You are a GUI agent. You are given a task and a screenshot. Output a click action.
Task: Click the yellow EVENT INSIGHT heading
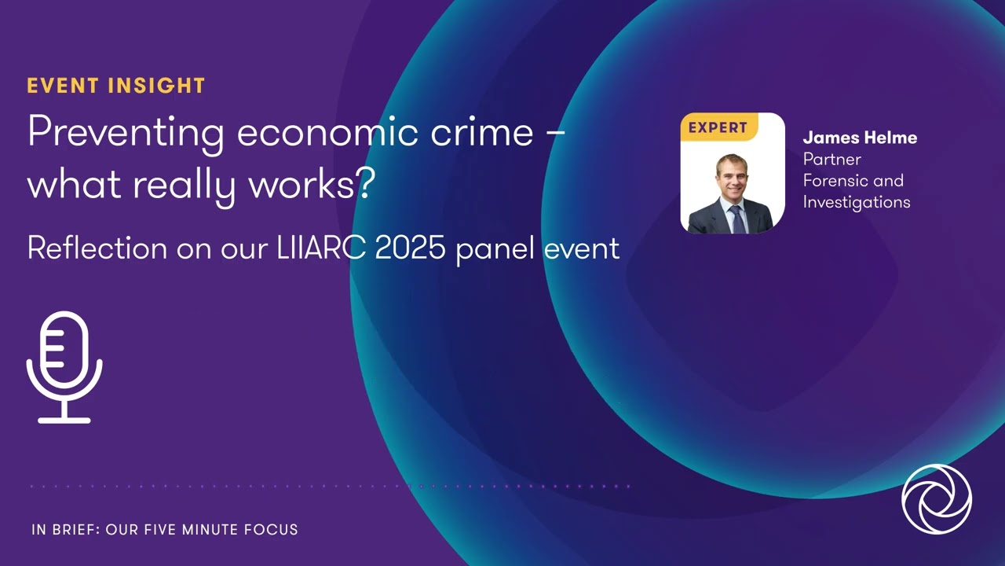click(116, 86)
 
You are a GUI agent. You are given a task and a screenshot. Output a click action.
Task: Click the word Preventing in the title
click(126, 133)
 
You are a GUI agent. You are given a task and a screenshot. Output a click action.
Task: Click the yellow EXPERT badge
click(718, 127)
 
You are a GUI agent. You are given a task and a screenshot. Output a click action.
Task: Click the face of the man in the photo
click(732, 176)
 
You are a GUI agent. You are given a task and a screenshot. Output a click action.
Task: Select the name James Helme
click(860, 138)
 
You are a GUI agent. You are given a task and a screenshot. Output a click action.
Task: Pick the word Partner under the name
click(831, 160)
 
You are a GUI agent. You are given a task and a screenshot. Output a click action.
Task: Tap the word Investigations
click(856, 202)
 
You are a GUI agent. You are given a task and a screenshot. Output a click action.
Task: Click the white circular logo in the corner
click(937, 498)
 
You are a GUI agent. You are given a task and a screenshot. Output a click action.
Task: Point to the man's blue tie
click(736, 218)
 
